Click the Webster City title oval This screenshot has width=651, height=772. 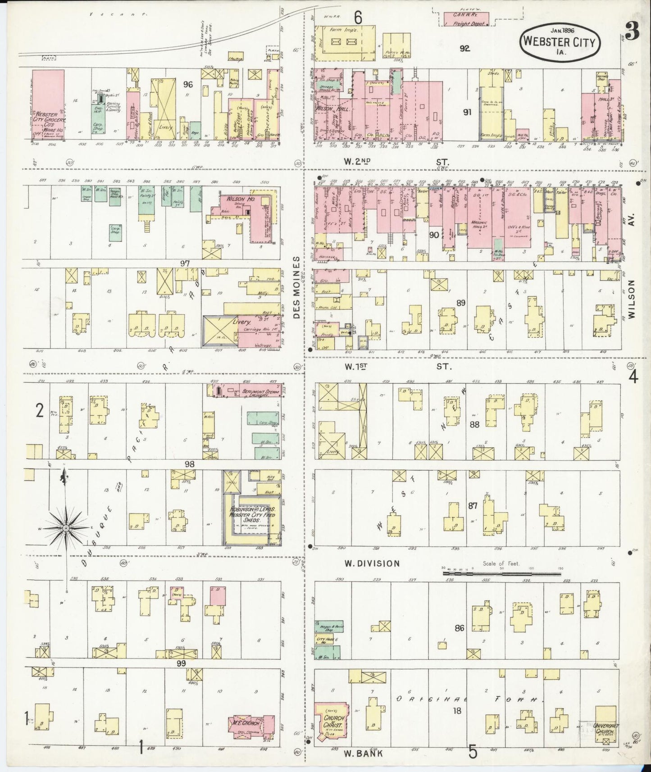point(560,41)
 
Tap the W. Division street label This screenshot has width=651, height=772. point(372,563)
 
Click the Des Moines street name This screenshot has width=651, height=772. point(296,288)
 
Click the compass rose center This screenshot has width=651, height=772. point(66,527)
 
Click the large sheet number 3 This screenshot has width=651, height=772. point(633,32)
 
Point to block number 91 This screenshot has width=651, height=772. point(467,112)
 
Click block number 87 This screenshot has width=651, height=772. point(472,506)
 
